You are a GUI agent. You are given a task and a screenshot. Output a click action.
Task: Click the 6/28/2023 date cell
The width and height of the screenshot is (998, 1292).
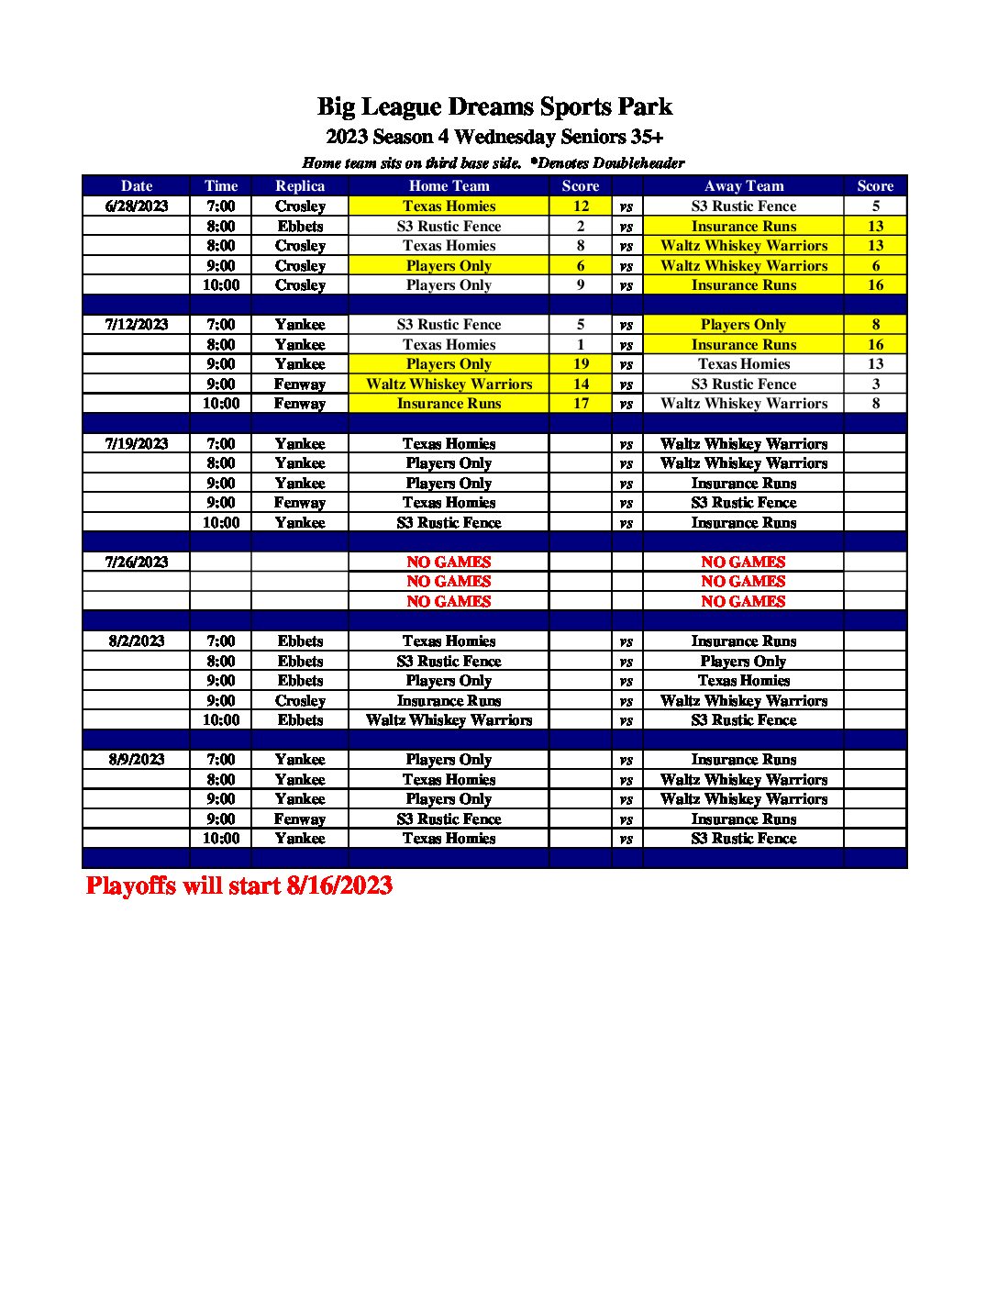(137, 206)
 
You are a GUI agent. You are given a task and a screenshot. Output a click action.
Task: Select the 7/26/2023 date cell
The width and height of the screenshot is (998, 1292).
(137, 562)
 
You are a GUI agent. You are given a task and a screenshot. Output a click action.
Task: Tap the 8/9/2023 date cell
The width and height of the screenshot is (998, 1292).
(137, 760)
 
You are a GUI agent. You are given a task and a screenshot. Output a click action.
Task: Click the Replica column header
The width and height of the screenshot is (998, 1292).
(300, 186)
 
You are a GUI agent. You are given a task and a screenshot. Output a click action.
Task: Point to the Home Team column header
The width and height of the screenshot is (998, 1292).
(449, 186)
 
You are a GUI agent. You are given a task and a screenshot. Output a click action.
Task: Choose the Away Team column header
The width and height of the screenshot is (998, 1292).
(743, 186)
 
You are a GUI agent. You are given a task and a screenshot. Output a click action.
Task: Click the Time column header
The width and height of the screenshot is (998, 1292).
(221, 186)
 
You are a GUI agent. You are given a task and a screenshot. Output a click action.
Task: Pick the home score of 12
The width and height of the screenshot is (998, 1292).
(581, 206)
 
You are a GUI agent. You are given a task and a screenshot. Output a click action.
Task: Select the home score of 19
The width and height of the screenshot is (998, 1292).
(581, 364)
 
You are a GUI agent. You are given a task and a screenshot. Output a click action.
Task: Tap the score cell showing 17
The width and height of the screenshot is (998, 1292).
(581, 404)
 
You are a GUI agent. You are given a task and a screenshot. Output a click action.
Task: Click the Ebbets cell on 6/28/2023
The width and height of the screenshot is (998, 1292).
(300, 227)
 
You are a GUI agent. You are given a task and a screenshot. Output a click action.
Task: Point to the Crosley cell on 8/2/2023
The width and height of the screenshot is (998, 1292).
(300, 701)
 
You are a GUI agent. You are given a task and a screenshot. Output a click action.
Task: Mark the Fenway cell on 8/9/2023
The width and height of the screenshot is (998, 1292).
(300, 819)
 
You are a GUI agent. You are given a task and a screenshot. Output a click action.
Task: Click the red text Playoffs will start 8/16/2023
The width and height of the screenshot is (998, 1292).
(239, 885)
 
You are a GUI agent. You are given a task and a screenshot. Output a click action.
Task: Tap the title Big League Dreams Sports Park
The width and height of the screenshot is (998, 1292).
(494, 107)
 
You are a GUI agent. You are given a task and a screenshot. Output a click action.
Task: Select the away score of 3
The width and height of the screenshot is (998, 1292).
(875, 384)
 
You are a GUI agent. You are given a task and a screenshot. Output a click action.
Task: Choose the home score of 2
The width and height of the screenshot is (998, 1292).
(581, 227)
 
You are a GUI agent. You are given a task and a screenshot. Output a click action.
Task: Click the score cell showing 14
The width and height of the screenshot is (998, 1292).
(581, 384)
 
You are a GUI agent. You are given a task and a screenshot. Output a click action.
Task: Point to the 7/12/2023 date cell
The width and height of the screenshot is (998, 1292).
(137, 325)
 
